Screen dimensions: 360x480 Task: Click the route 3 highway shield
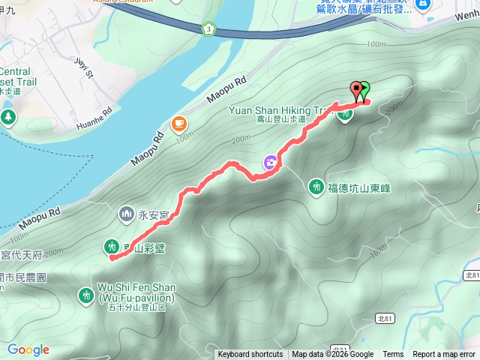tap(208, 28)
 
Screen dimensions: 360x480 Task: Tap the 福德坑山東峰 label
tap(359, 187)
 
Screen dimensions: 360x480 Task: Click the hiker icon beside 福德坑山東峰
tap(316, 186)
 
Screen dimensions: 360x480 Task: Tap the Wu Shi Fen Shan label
tap(136, 292)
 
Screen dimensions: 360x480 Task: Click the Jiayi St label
tap(82, 67)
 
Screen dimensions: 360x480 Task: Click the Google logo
tap(28, 350)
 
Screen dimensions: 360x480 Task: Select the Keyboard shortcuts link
tap(250, 355)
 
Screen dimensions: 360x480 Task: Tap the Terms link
tap(393, 355)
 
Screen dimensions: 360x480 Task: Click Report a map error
tap(444, 355)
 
